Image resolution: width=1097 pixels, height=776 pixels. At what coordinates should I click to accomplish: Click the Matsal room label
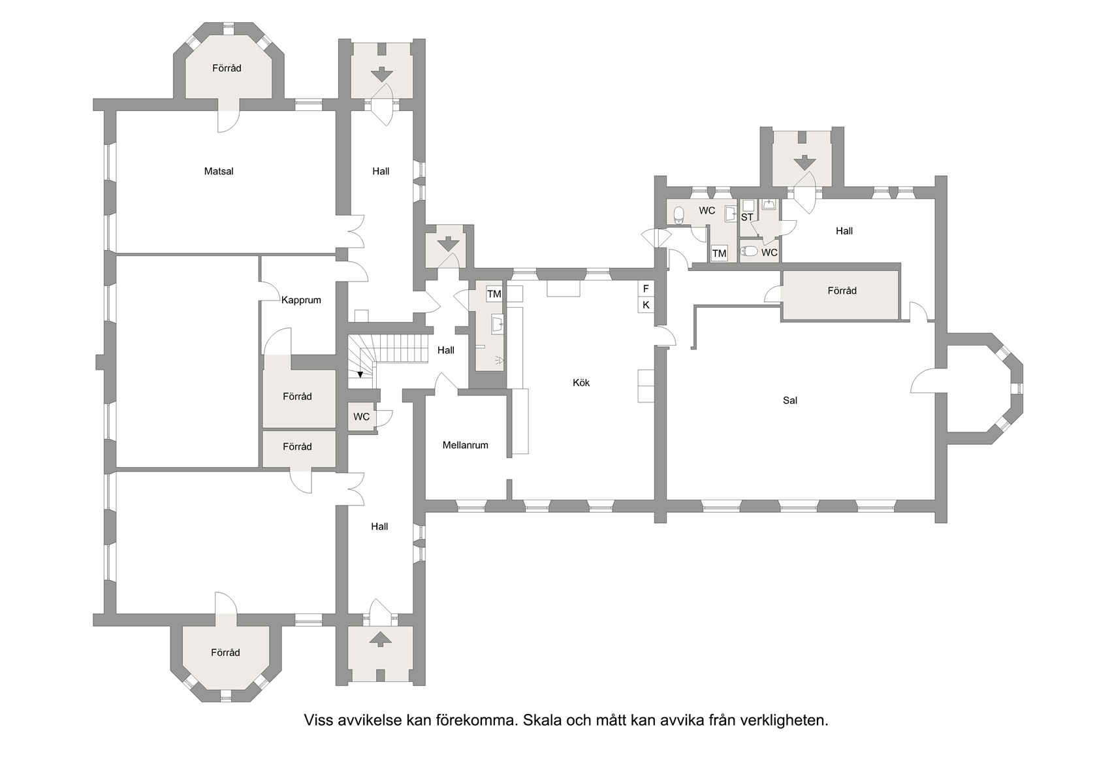pos(218,171)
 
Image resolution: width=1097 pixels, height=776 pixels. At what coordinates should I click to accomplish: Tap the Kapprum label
pos(301,300)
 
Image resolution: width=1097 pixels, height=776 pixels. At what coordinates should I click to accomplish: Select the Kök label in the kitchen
pos(581,383)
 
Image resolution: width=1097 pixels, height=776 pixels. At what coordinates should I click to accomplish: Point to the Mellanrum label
pos(465,445)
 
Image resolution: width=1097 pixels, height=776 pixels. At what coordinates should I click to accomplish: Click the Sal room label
pos(790,400)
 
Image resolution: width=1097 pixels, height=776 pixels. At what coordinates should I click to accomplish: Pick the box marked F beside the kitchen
pos(646,289)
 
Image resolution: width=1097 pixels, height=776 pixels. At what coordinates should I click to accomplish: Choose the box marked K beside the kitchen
pos(646,304)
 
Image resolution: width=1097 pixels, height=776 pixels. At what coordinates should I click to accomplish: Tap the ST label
pos(747,217)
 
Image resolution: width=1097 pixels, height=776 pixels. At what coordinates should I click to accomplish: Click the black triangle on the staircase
pos(360,374)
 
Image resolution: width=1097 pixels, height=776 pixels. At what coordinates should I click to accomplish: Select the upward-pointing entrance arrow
pos(381,639)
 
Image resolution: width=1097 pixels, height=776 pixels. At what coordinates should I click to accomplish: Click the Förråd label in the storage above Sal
pos(842,291)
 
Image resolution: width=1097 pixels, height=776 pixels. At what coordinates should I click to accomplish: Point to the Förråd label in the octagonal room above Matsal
pos(227,68)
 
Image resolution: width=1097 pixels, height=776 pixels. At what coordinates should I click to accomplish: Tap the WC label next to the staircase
pos(362,417)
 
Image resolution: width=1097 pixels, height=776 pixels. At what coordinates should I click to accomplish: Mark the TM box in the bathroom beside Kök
pos(494,294)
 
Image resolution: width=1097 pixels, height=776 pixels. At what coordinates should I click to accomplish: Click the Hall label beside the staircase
pos(445,350)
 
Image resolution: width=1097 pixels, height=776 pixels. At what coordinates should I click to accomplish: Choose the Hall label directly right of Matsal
pos(381,171)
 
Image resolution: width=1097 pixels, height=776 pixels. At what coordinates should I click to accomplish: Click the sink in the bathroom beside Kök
pos(498,325)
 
